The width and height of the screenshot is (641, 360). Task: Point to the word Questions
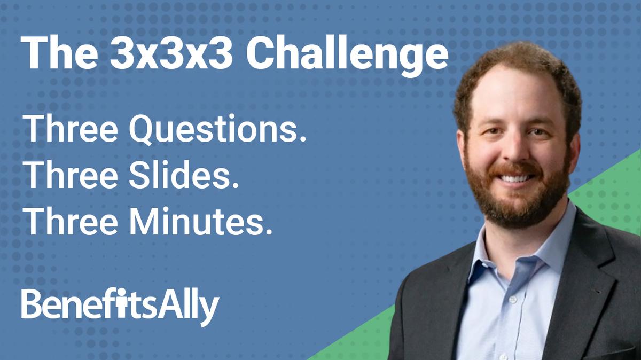coord(220,130)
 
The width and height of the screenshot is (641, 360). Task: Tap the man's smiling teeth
coord(515,178)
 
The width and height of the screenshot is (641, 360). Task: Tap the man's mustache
coord(514,169)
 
